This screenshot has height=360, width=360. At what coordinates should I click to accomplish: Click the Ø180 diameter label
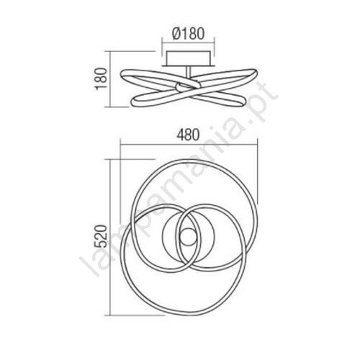point(189,34)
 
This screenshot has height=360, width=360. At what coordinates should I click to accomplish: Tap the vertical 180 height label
point(101,79)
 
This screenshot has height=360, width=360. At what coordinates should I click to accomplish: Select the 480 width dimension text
point(188,135)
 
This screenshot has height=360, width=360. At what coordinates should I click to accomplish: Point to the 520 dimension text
point(100,236)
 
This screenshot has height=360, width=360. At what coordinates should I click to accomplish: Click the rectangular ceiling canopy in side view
point(189,58)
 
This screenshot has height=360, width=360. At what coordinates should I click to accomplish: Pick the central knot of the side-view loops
point(187,87)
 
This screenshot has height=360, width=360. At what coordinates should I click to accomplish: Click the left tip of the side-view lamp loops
point(122,75)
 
